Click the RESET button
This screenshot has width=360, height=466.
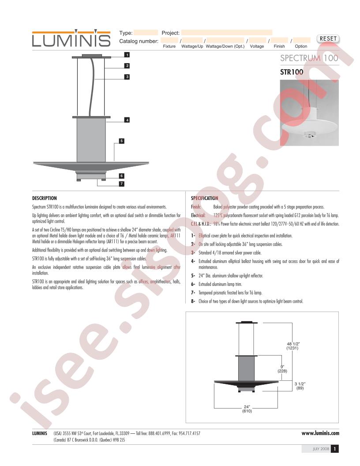point(328,39)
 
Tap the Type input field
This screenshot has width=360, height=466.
point(146,33)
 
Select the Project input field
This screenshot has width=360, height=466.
point(227,33)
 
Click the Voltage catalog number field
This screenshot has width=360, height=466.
point(257,40)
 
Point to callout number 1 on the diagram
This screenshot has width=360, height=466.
point(127,55)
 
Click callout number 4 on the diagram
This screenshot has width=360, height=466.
point(127,120)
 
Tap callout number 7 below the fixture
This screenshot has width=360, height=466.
point(121,184)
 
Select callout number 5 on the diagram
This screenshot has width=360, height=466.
point(121,141)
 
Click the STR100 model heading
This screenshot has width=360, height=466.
point(291,72)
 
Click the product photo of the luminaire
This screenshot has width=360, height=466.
point(309,113)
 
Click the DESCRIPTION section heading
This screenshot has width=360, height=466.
point(44,198)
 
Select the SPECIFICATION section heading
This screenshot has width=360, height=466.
point(204,198)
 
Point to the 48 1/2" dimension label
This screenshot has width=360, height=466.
point(292,346)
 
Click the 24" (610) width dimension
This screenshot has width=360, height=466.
point(247,409)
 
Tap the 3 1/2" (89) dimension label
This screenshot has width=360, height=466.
point(300,386)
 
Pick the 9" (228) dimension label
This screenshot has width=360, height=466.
point(282,369)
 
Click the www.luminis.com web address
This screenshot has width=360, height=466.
point(320,433)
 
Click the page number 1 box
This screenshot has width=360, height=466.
point(335,449)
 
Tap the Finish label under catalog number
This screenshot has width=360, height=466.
point(279,46)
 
